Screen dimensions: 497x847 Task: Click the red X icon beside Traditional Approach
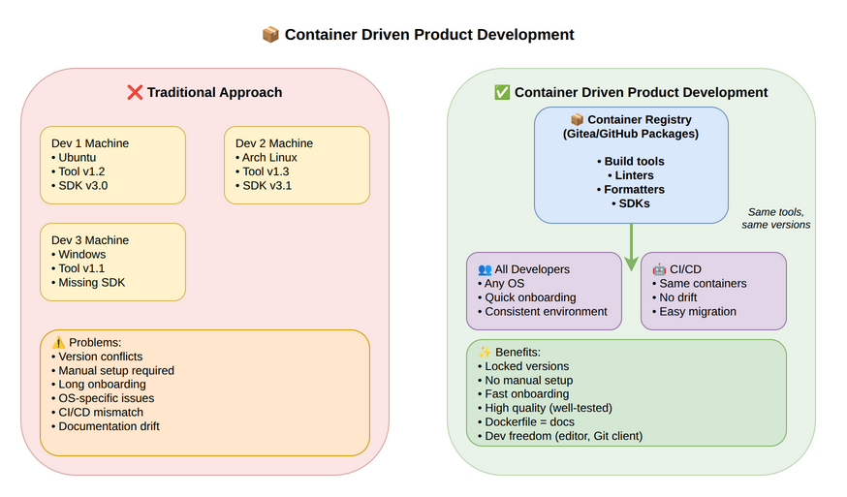point(135,93)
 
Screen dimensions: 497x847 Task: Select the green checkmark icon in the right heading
point(502,93)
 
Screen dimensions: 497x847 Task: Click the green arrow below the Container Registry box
point(631,246)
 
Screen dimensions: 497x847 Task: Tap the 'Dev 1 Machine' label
point(90,143)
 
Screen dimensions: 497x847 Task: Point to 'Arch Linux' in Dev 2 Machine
point(269,158)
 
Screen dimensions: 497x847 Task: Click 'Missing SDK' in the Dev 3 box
point(91,283)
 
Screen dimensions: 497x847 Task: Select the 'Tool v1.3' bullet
point(266,171)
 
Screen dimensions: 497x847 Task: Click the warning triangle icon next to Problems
point(58,343)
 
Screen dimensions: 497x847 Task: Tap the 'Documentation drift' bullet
point(109,425)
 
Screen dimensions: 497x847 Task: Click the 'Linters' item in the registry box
point(631,175)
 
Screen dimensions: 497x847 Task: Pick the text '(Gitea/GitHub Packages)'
point(631,134)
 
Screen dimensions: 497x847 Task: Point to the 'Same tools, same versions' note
point(776,218)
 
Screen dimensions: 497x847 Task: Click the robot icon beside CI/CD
point(659,269)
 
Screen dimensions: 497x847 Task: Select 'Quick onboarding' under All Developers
point(530,297)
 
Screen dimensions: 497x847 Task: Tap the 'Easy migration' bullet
point(698,311)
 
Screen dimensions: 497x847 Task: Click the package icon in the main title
point(271,35)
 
